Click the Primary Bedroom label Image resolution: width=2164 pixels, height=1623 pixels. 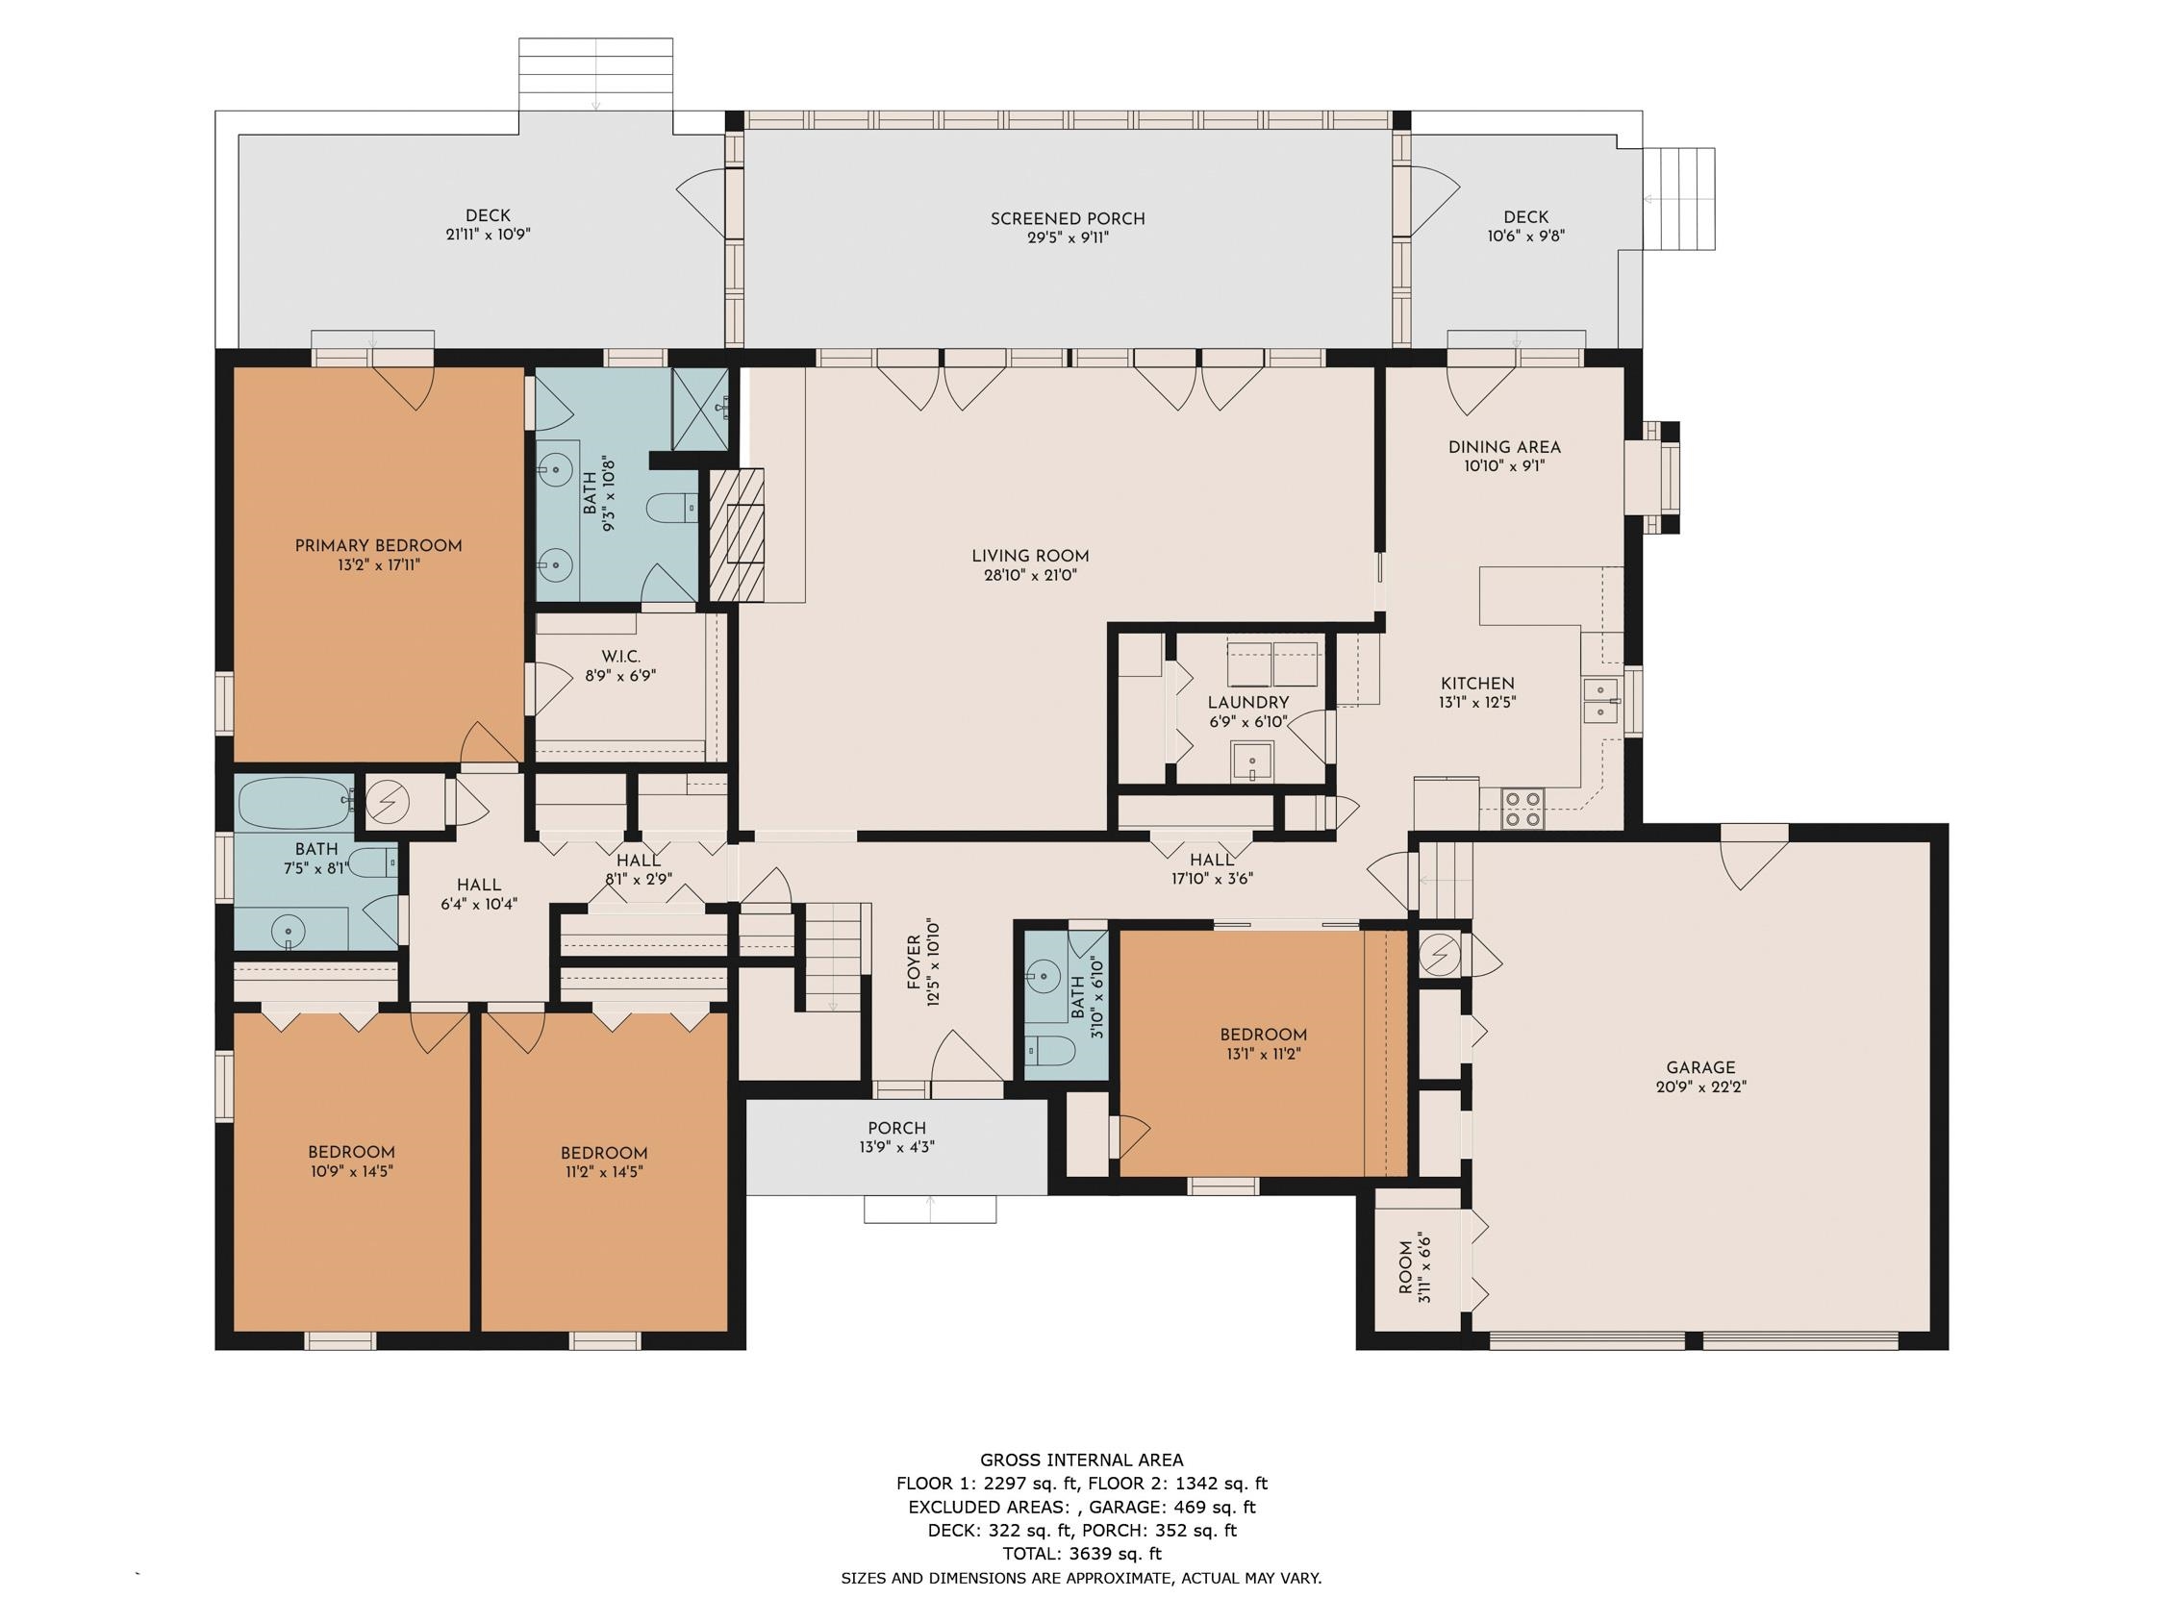tap(378, 546)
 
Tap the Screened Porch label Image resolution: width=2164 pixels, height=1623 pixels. tap(1068, 219)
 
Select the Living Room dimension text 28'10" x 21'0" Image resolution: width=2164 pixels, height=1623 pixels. tap(1030, 575)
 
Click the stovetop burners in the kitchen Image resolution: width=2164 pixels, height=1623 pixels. tap(1522, 809)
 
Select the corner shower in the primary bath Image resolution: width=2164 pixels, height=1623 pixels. tap(700, 409)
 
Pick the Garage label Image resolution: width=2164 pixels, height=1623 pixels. tap(1700, 1067)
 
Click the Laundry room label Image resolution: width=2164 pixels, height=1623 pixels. tap(1247, 703)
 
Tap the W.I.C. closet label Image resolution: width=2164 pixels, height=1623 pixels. tap(620, 657)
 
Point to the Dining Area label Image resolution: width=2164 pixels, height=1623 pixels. tap(1503, 447)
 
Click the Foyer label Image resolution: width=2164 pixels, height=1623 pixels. tap(915, 961)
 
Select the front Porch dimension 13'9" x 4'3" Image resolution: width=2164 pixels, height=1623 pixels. tap(896, 1146)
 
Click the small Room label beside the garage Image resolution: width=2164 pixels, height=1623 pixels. tap(1406, 1267)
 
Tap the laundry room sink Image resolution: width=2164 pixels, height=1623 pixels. tap(1252, 761)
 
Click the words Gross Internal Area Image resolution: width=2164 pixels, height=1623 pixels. tap(1081, 1461)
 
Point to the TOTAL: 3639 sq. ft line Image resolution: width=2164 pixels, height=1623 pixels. tap(1081, 1554)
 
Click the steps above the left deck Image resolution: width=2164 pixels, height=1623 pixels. tap(595, 74)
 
